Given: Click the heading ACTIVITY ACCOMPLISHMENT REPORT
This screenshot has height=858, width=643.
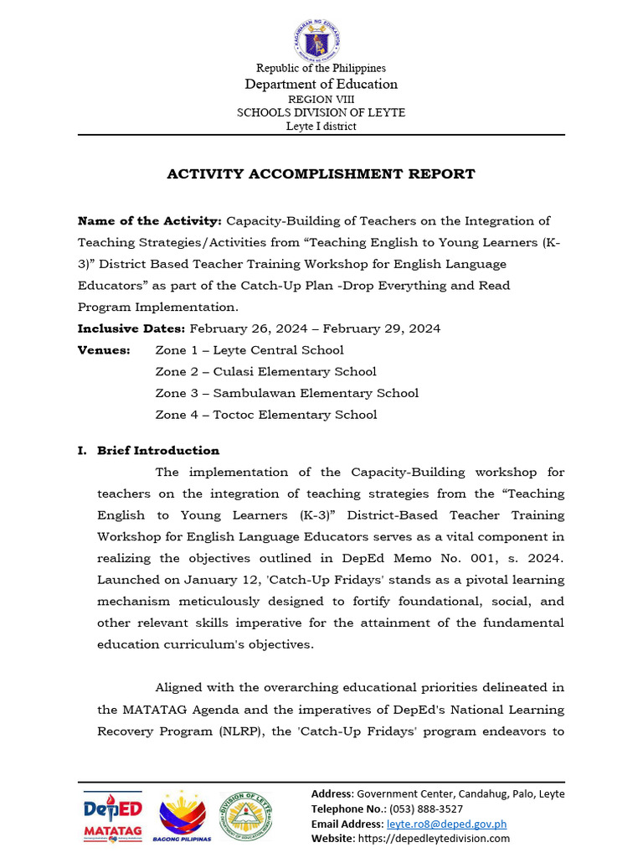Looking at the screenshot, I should (321, 174).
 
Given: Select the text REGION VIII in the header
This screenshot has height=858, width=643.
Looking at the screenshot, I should (321, 99).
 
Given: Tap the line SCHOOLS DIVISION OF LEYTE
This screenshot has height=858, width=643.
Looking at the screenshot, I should (321, 112).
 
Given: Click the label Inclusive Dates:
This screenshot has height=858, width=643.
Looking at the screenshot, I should (131, 328).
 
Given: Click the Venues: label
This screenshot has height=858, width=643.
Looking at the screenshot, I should (104, 350).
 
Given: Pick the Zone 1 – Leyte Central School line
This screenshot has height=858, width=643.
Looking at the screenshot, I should (249, 350).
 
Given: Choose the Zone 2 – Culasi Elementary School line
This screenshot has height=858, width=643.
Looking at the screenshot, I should (265, 372).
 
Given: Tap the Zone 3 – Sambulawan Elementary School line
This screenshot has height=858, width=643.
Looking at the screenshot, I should (286, 394).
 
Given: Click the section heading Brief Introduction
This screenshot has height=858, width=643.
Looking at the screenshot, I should (158, 451).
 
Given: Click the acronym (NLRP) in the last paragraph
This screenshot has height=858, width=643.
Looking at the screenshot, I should (221, 731).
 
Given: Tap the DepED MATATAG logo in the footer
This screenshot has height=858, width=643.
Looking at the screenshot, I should (113, 815).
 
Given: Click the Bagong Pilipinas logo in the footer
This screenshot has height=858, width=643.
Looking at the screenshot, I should (185, 815).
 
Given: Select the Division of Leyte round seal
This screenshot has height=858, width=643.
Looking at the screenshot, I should (246, 815).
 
